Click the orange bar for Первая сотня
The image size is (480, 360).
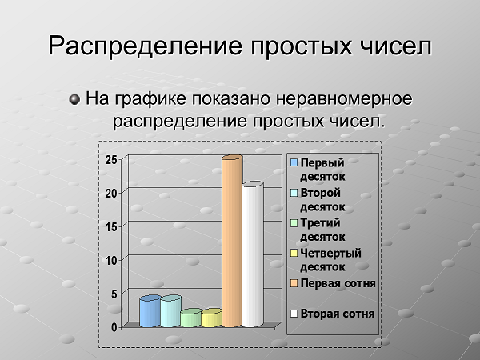(232, 242)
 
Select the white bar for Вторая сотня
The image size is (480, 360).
(253, 254)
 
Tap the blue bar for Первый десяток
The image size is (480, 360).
(150, 311)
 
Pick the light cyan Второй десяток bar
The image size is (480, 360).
(171, 311)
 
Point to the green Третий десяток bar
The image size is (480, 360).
(191, 318)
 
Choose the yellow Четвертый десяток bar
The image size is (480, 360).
(211, 318)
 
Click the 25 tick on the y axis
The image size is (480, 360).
(111, 160)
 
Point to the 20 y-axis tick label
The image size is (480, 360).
(111, 194)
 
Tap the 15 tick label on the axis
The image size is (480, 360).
(111, 227)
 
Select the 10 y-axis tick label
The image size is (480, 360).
(111, 261)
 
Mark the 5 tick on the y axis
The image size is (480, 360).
(114, 294)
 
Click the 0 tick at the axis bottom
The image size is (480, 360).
(114, 327)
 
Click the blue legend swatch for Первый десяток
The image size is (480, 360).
(294, 162)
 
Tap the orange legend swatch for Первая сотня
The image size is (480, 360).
(294, 283)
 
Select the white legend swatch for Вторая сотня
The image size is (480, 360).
(294, 314)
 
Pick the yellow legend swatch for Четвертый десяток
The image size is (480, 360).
(294, 253)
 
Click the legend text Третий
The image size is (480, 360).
(320, 223)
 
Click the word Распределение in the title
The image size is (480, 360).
(145, 46)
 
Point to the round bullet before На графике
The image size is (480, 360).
(74, 99)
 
